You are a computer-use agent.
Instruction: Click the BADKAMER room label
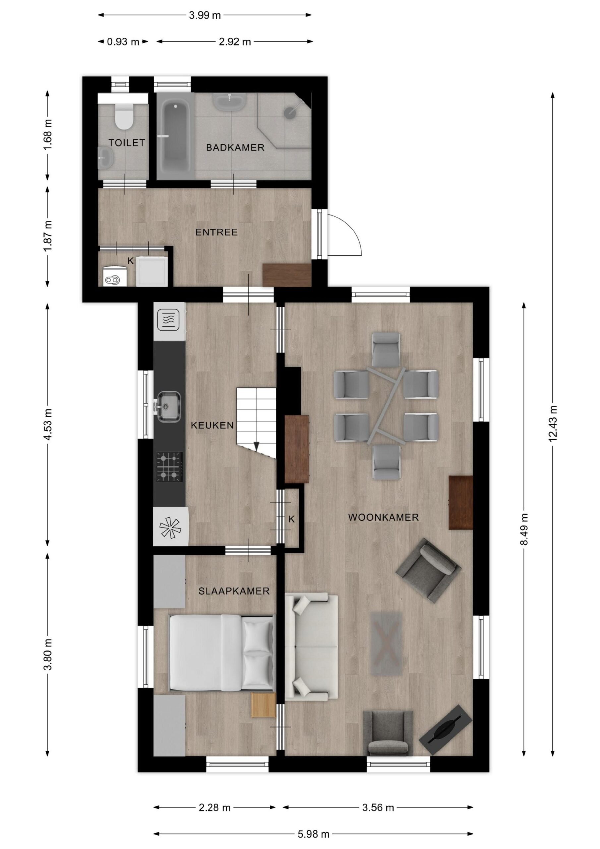pyautogui.click(x=235, y=148)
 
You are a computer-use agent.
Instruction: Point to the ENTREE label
pyautogui.click(x=217, y=232)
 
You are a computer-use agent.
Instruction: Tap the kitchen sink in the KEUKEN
pyautogui.click(x=169, y=406)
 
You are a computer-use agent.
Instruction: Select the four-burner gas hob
pyautogui.click(x=170, y=466)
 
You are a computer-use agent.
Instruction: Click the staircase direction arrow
pyautogui.click(x=257, y=446)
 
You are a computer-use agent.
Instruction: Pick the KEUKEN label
pyautogui.click(x=212, y=425)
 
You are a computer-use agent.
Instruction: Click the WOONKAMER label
pyautogui.click(x=383, y=517)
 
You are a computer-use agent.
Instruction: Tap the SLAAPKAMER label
pyautogui.click(x=234, y=591)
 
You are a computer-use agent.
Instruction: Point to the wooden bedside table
pyautogui.click(x=264, y=705)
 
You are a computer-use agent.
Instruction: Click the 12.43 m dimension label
pyautogui.click(x=553, y=424)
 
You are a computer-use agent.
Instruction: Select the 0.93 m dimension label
pyautogui.click(x=123, y=42)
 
